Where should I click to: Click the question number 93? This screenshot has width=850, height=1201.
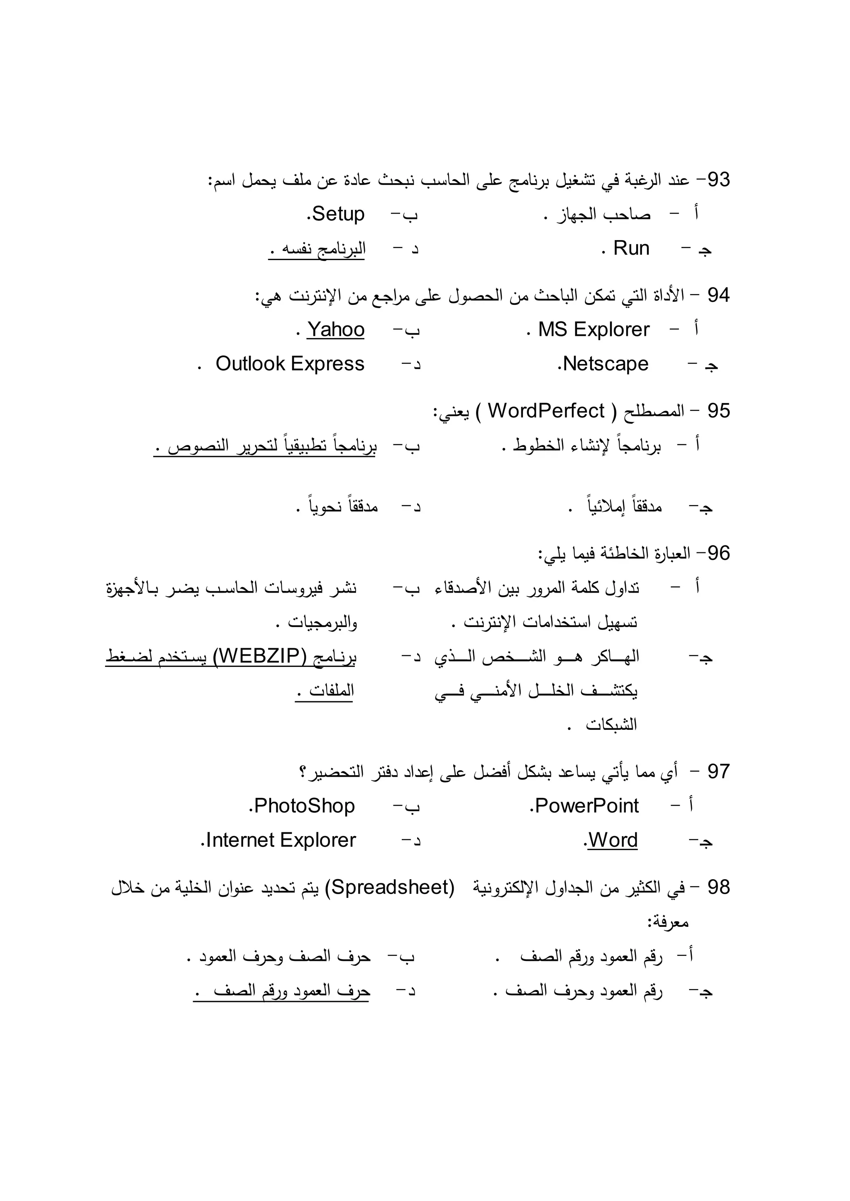(x=718, y=180)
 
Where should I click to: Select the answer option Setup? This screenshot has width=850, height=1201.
(x=337, y=214)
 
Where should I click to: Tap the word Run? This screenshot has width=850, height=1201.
(x=631, y=248)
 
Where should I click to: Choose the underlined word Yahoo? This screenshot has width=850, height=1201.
(x=335, y=330)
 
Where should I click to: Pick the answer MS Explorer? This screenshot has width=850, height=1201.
(x=594, y=330)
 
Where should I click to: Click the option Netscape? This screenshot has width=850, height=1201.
(x=605, y=364)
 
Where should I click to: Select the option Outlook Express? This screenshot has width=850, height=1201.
(x=290, y=364)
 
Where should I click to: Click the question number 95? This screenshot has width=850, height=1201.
(x=718, y=411)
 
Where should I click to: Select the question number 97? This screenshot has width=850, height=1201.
(x=718, y=771)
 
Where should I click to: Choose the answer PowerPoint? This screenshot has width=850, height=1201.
(x=586, y=805)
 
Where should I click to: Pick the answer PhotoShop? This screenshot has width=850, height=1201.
(x=304, y=805)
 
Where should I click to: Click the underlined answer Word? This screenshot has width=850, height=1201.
(x=612, y=840)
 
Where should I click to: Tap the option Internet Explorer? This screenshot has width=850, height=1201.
(x=281, y=840)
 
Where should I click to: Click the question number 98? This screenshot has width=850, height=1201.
(x=718, y=887)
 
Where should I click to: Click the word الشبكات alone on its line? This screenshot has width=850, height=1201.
(x=611, y=724)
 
